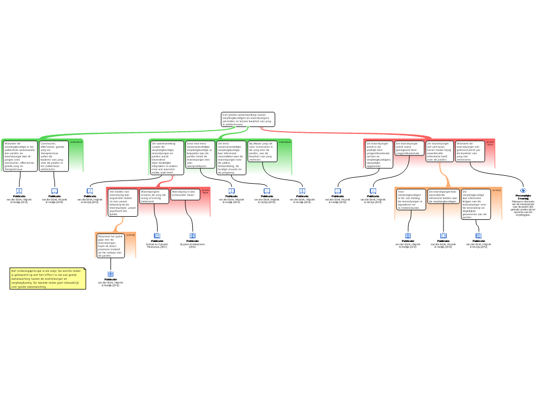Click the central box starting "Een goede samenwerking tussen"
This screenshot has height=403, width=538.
coord(247,119)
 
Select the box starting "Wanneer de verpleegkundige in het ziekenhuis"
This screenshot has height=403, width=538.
coord(19,156)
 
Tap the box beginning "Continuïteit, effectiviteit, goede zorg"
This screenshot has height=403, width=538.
coord(53,156)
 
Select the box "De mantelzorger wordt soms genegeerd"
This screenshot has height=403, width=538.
coord(409,148)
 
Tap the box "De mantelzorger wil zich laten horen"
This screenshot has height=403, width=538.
coord(440,151)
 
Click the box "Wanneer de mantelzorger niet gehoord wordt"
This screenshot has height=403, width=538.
coord(470,151)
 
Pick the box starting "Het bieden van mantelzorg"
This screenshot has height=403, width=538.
coord(123,203)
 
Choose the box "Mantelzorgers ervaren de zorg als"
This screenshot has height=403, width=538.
coord(154,196)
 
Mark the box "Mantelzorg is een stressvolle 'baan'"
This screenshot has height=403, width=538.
coord(185,195)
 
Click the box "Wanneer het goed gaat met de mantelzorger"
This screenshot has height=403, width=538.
coord(110,246)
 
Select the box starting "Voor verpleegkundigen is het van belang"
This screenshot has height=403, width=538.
coord(411,199)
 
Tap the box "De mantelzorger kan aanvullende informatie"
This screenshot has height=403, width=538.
coord(443,196)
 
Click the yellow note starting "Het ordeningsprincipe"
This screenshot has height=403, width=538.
coord(47,279)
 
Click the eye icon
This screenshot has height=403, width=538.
coord(523,190)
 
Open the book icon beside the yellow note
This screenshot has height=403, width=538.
coord(110,274)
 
